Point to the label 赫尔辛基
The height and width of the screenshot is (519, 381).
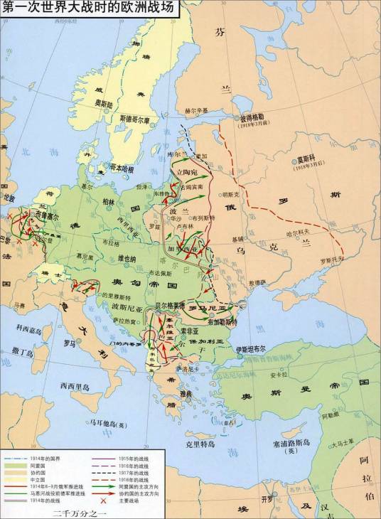[x=197, y=111]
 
